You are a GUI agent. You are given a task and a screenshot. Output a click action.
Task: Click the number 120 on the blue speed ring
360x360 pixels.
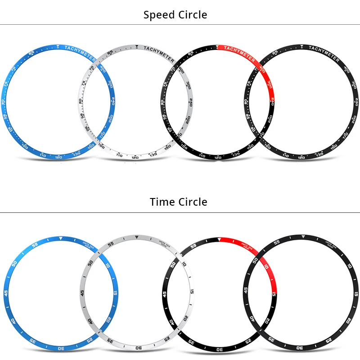[58, 157]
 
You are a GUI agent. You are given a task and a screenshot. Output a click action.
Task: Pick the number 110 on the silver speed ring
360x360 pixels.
[119, 155]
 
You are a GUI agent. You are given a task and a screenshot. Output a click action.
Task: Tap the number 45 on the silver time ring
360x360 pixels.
[83, 293]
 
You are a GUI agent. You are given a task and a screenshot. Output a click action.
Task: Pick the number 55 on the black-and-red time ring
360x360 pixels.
[194, 246]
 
